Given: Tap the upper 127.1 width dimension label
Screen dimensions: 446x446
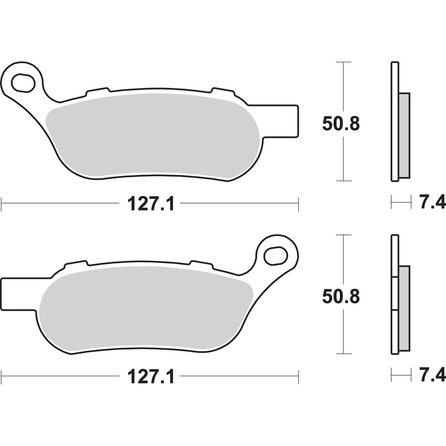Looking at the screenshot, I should click(151, 204).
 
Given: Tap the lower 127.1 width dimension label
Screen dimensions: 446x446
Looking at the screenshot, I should click(151, 377).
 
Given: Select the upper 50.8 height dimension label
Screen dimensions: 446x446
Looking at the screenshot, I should click(341, 124).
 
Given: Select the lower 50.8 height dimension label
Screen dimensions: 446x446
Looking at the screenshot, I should click(341, 297).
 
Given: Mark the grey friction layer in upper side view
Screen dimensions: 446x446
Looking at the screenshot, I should click(404, 136).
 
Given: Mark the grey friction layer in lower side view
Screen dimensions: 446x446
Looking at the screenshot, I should click(404, 309).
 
